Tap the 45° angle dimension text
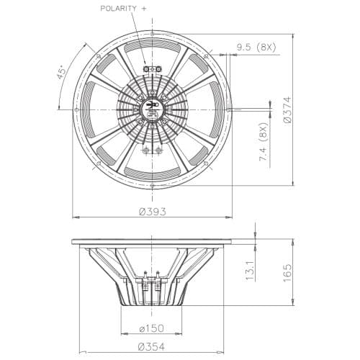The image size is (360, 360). [63, 71]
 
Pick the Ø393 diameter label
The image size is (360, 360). [152, 211]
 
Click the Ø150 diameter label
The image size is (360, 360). [152, 329]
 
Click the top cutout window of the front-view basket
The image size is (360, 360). [152, 47]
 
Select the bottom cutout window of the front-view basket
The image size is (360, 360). [152, 171]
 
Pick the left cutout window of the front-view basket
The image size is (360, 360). [89, 109]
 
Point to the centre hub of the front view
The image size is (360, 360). [152, 109]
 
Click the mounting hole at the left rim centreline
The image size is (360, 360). [76, 109]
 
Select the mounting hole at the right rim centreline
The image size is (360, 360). [228, 109]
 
